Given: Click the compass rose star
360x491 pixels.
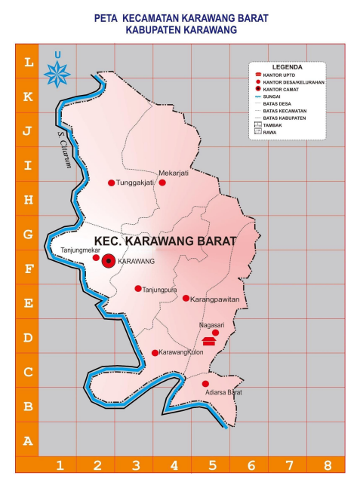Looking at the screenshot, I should point(58,74).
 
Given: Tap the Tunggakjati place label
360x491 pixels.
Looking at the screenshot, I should point(136,183).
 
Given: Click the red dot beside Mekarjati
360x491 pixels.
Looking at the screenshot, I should point(162,183).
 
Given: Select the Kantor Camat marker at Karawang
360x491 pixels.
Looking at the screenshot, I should point(109,261).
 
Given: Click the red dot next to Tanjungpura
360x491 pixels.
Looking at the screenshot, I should point(137,289).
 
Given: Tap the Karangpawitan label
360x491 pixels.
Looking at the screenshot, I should point(213,299).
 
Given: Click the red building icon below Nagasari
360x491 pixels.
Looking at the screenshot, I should point(209,342).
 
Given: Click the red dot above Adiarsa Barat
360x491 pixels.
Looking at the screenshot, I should point(205,384).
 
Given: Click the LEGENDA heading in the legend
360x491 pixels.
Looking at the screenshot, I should point(287,66).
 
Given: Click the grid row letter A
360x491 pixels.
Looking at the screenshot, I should point(27,441).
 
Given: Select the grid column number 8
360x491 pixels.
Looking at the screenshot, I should point(327,465).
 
